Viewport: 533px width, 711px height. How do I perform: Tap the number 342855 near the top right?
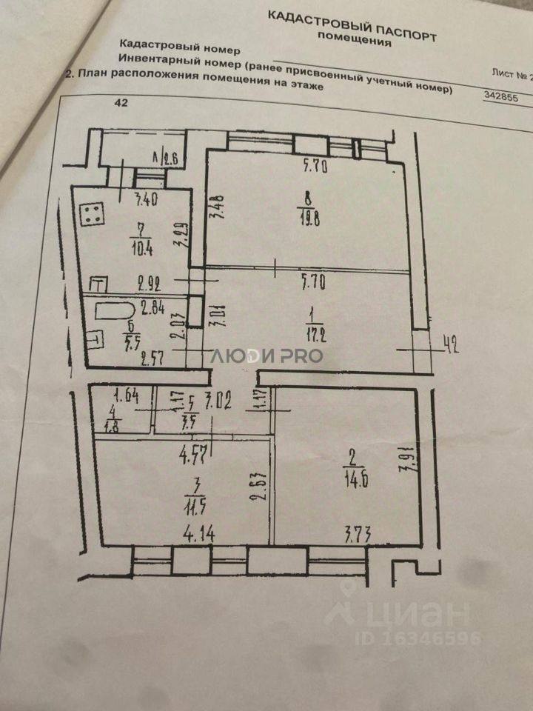(x=500, y=97)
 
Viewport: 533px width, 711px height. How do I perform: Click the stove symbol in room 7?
(x=93, y=216)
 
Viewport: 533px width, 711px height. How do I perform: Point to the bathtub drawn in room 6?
(x=110, y=310)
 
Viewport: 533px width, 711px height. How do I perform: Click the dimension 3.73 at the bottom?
(x=361, y=531)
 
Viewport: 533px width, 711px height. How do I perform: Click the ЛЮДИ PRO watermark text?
(x=266, y=355)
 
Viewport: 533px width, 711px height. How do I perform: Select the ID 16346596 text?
(x=418, y=638)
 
